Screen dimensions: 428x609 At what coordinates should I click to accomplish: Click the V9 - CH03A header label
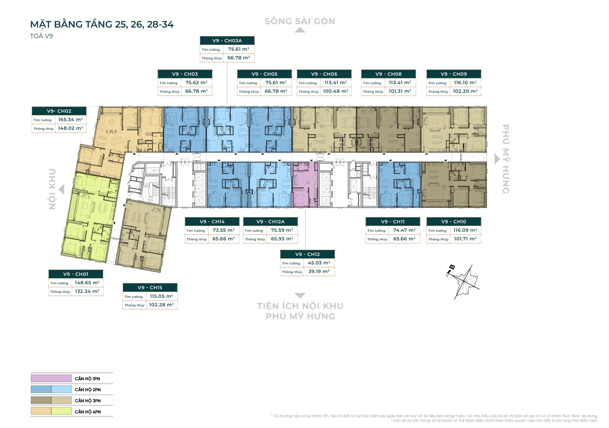tap(227, 41)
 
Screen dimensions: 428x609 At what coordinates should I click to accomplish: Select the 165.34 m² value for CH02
tap(70, 120)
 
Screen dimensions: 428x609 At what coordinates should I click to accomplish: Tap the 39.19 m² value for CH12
tap(319, 271)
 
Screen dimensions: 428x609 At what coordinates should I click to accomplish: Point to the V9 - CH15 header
tap(150, 288)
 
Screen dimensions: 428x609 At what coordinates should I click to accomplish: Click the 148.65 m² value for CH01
tap(87, 283)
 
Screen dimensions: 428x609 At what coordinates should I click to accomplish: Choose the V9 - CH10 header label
tap(454, 221)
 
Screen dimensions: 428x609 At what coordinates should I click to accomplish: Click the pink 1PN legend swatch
tap(51, 378)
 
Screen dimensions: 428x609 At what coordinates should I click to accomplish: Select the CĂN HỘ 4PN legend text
tap(88, 412)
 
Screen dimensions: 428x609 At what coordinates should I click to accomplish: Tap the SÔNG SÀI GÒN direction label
tap(300, 21)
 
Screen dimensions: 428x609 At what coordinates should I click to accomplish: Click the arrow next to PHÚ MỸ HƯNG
tap(497, 159)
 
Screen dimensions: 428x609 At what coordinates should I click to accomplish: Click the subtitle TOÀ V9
tap(41, 36)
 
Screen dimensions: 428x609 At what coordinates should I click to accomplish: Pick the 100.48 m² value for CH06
tap(335, 91)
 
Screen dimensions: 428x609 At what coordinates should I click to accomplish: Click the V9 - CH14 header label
tap(212, 221)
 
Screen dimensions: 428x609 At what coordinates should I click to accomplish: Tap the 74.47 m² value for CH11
tap(404, 230)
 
